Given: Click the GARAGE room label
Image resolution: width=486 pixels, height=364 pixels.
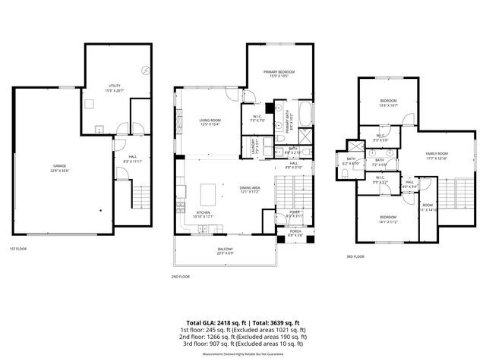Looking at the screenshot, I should click(x=59, y=168).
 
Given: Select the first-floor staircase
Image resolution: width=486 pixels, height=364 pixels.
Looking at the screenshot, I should click(x=141, y=198).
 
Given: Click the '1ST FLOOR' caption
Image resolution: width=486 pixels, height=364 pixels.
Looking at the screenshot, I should click(x=18, y=249).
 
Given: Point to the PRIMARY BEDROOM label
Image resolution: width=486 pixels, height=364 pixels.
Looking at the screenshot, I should click(x=279, y=74).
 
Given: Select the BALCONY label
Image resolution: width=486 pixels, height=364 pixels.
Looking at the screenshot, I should click(x=226, y=250).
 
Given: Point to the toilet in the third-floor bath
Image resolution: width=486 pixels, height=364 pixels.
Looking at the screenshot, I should click(x=346, y=174).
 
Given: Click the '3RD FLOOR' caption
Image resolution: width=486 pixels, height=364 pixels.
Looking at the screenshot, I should click(x=355, y=256).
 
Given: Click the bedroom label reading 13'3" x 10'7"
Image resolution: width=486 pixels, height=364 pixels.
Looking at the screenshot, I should click(x=388, y=102).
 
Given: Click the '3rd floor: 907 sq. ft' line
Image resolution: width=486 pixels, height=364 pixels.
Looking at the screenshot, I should click(x=242, y=344).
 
